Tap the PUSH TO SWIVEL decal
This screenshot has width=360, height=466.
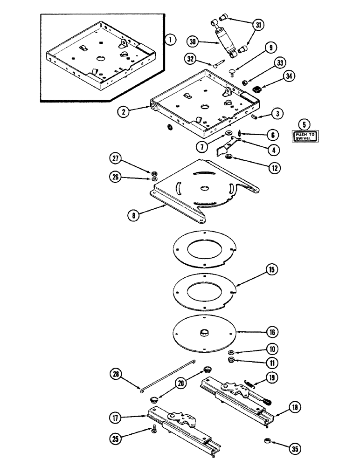pos(304,137)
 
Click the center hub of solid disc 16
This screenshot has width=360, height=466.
pos(204,332)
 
